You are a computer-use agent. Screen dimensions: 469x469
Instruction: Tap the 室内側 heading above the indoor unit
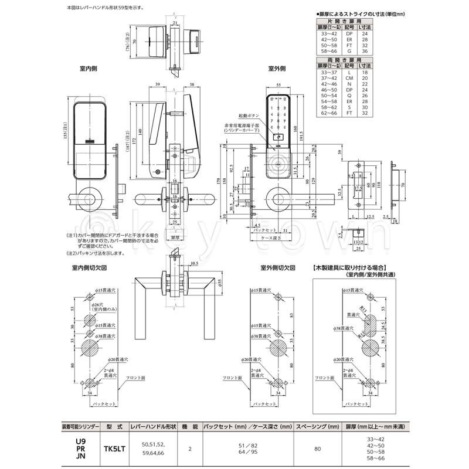click(x=88, y=69)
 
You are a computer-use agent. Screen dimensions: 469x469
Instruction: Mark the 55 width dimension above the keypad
click(x=279, y=86)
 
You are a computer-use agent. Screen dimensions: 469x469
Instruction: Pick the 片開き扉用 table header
click(x=348, y=21)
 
